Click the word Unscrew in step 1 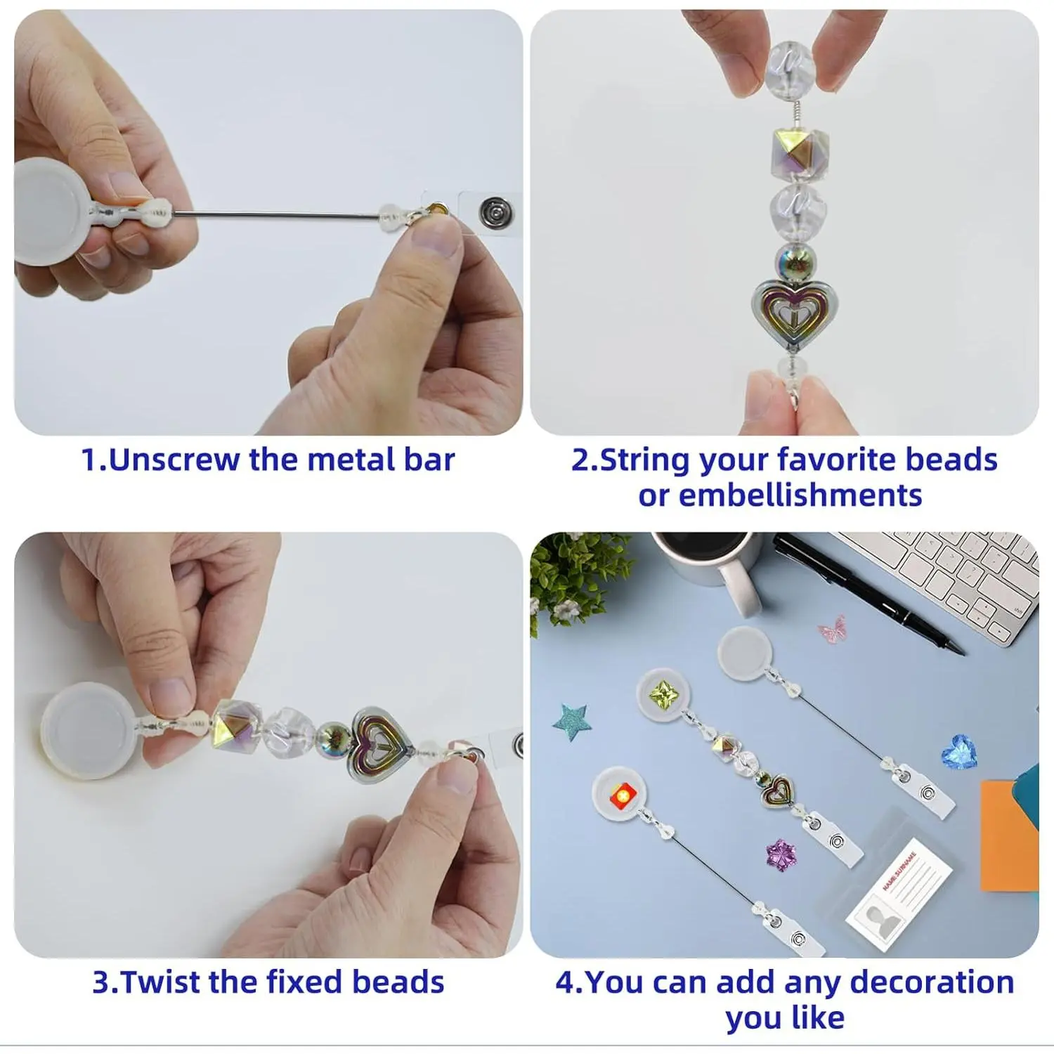[175, 460]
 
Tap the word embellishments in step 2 [780, 495]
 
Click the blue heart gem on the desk [958, 751]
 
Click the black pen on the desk [868, 594]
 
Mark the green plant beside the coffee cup [576, 577]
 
